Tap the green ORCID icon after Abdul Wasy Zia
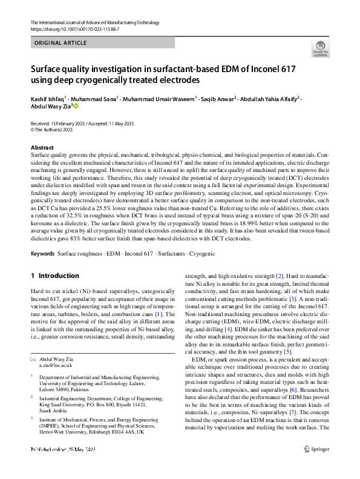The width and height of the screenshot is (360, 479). click(x=76, y=106)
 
